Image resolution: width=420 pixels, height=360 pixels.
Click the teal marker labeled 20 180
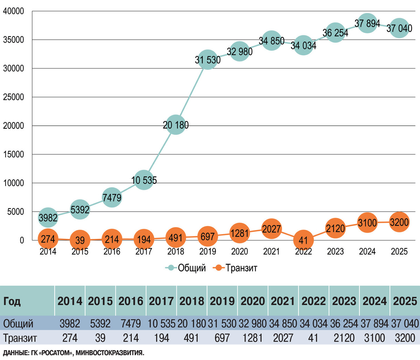point(176,125)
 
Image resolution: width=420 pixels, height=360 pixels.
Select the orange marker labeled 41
point(303,240)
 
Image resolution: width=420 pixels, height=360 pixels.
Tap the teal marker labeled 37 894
point(367,23)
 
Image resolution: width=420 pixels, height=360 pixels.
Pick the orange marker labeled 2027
point(272,229)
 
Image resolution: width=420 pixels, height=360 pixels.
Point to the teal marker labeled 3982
point(48,218)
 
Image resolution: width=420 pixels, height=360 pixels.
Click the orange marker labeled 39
point(80,240)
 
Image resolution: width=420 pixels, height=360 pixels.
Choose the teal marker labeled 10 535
point(144,180)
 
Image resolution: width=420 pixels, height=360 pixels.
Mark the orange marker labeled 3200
point(399,222)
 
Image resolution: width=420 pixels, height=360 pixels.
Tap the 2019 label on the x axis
point(208,252)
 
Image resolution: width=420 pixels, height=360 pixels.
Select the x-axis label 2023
point(335,252)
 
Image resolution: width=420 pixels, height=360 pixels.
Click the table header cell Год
point(12,301)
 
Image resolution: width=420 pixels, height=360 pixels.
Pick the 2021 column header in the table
point(283,301)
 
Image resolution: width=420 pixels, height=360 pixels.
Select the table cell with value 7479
point(131,324)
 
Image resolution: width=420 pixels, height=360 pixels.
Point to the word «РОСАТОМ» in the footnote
point(56,353)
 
